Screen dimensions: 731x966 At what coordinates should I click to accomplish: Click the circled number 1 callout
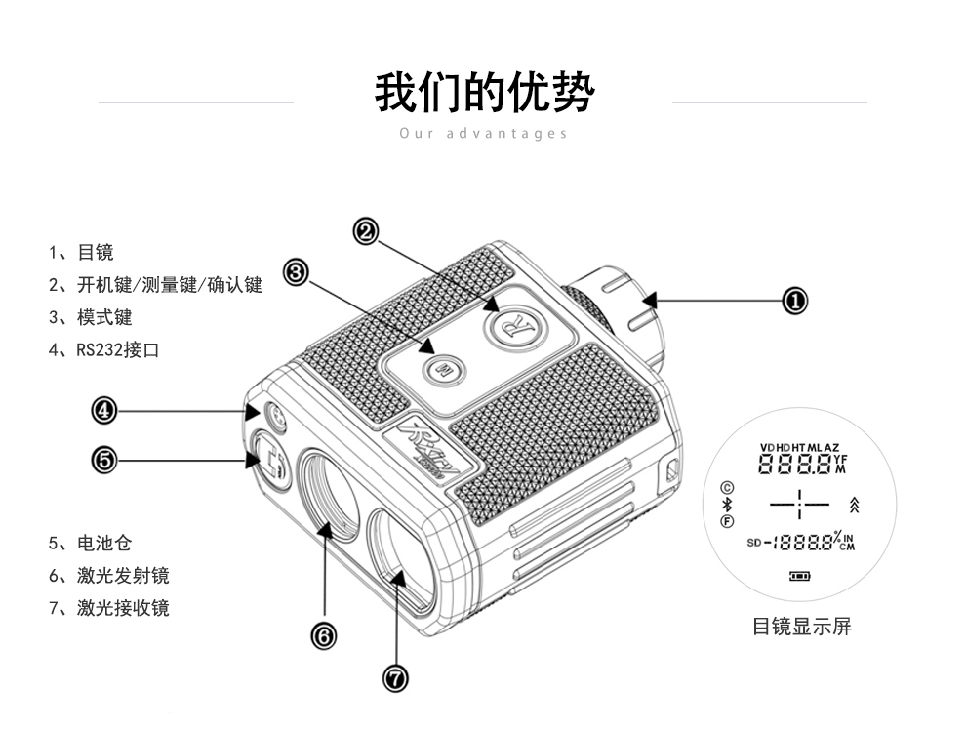pyautogui.click(x=795, y=301)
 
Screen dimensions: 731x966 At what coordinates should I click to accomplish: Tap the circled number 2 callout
pyautogui.click(x=366, y=231)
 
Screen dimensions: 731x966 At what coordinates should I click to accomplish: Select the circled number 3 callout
pyautogui.click(x=297, y=272)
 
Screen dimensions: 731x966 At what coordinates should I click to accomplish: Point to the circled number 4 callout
pyautogui.click(x=104, y=411)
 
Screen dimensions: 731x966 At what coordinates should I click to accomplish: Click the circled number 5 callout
pyautogui.click(x=104, y=459)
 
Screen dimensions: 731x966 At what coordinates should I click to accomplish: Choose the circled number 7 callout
pyautogui.click(x=395, y=678)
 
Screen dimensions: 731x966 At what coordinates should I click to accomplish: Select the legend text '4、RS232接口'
pyautogui.click(x=103, y=349)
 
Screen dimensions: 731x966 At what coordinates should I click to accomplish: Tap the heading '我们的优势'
pyautogui.click(x=484, y=94)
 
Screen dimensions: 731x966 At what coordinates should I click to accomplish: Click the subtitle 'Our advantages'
pyautogui.click(x=483, y=133)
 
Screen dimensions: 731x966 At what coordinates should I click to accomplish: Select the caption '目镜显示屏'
pyautogui.click(x=801, y=627)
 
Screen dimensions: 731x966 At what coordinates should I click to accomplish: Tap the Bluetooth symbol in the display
pyautogui.click(x=726, y=505)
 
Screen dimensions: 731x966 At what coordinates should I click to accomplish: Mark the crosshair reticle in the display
pyautogui.click(x=799, y=505)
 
